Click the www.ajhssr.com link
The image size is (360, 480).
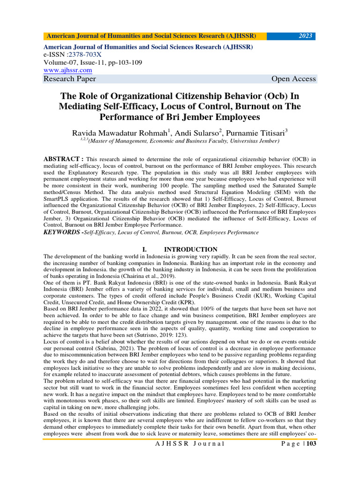click(67, 70)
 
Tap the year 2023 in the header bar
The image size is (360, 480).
click(305, 36)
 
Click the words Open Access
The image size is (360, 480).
click(293, 79)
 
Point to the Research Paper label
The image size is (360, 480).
click(70, 79)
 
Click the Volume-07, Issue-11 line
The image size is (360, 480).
click(93, 62)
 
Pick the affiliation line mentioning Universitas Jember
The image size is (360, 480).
click(180, 141)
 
